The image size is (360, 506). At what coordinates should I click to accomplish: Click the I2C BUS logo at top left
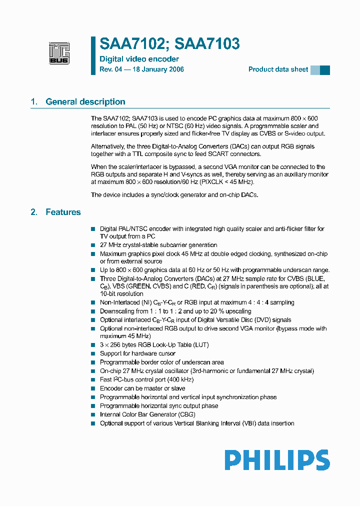click(59, 53)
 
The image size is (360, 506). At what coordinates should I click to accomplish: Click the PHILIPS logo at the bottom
click(276, 460)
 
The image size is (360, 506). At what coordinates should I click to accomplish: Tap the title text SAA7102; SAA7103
click(169, 44)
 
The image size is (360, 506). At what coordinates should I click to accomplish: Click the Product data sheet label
click(278, 69)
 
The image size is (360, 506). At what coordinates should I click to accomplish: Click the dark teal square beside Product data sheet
click(325, 70)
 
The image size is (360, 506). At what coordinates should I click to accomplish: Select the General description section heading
click(85, 102)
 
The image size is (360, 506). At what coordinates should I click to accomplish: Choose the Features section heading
click(63, 212)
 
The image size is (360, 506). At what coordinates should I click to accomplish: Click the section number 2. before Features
click(34, 212)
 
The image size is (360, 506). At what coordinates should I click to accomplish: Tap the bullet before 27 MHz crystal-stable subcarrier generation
click(93, 245)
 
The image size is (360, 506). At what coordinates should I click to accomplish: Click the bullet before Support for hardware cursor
click(93, 353)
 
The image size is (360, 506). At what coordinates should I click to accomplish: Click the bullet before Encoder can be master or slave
click(93, 388)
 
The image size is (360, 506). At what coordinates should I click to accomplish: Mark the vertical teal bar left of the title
click(93, 55)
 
